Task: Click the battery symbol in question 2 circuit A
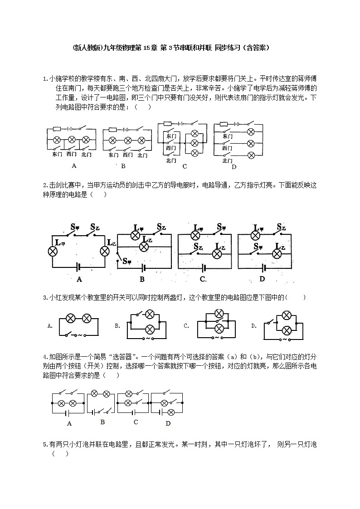[78, 267]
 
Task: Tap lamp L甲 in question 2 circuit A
[53, 251]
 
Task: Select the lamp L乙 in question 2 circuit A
[105, 251]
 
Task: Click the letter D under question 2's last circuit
[262, 279]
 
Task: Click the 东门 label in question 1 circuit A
[57, 155]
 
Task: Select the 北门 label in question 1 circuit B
[142, 155]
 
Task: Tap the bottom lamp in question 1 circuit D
[250, 155]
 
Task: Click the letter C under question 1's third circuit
[185, 166]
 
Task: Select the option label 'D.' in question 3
[254, 325]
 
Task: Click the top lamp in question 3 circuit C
[219, 314]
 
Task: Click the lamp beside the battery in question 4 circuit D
[171, 412]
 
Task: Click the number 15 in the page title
[149, 47]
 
